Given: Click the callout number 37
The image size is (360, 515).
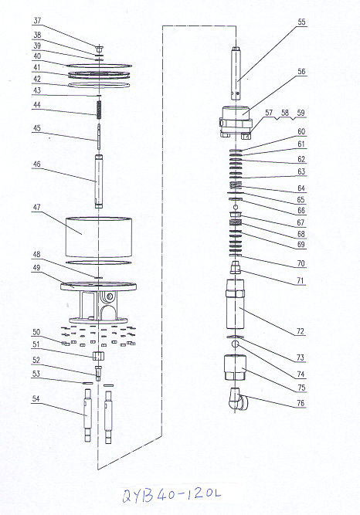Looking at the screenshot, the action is [x=37, y=20].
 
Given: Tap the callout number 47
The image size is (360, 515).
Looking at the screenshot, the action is [x=36, y=208].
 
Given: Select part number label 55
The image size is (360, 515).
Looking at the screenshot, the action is [x=301, y=22].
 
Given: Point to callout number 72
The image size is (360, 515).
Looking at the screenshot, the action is [x=301, y=331].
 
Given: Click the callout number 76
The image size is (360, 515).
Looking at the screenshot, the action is [x=301, y=403].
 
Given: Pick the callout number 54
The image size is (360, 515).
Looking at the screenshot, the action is [x=36, y=398].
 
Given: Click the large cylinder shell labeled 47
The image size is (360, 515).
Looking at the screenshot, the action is [x=99, y=238].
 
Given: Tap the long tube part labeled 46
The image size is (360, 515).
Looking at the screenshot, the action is [x=99, y=181].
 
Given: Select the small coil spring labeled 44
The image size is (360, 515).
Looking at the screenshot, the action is [x=99, y=110].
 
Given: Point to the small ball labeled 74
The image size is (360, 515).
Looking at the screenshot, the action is [x=235, y=344].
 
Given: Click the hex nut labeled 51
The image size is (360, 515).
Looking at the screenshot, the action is [x=98, y=355].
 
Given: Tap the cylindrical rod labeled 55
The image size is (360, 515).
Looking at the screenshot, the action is [x=236, y=74].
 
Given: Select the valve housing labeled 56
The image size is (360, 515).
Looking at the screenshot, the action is [x=236, y=122].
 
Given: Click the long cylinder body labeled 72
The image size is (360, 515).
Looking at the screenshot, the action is [x=235, y=303].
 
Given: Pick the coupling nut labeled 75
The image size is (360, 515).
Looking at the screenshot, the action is [x=236, y=368].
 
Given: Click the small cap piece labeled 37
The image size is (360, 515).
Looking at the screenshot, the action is [x=99, y=49].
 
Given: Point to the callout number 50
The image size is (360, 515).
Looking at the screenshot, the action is [x=36, y=332].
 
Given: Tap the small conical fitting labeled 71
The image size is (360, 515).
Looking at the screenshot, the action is [x=236, y=267].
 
